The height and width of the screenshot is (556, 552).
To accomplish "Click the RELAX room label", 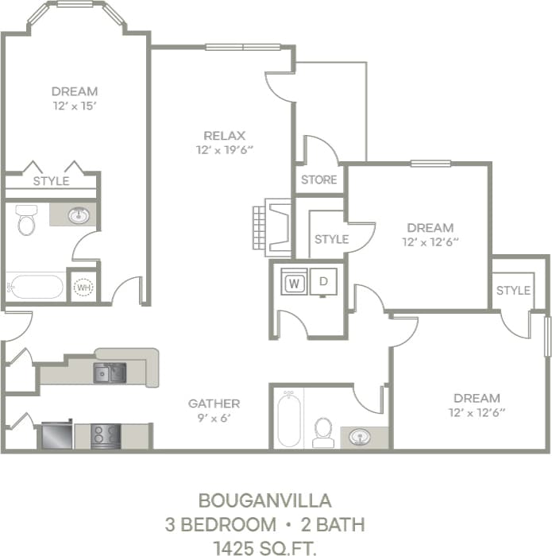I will (224, 135).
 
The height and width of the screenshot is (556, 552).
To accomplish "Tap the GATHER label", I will (214, 403).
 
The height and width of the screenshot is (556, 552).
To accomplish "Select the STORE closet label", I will (318, 180).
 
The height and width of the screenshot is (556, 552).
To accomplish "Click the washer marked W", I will (295, 282).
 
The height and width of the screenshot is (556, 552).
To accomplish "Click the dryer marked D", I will (323, 281).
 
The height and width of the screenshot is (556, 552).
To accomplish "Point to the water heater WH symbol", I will (83, 287).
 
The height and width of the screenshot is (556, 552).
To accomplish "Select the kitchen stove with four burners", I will (105, 436).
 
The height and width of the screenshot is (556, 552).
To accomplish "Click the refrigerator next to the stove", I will (56, 435).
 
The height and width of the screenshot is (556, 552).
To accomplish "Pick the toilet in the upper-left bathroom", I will (27, 220).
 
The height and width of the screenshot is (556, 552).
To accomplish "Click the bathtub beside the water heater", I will (36, 286).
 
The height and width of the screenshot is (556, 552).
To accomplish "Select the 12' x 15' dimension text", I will (75, 106).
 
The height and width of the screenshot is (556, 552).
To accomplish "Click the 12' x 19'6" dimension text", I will (224, 149).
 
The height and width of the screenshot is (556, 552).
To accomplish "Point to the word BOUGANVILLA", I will (264, 501).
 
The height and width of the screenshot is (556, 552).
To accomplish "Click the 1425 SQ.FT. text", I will (264, 546).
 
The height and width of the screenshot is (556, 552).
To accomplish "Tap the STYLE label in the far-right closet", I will (513, 291).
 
